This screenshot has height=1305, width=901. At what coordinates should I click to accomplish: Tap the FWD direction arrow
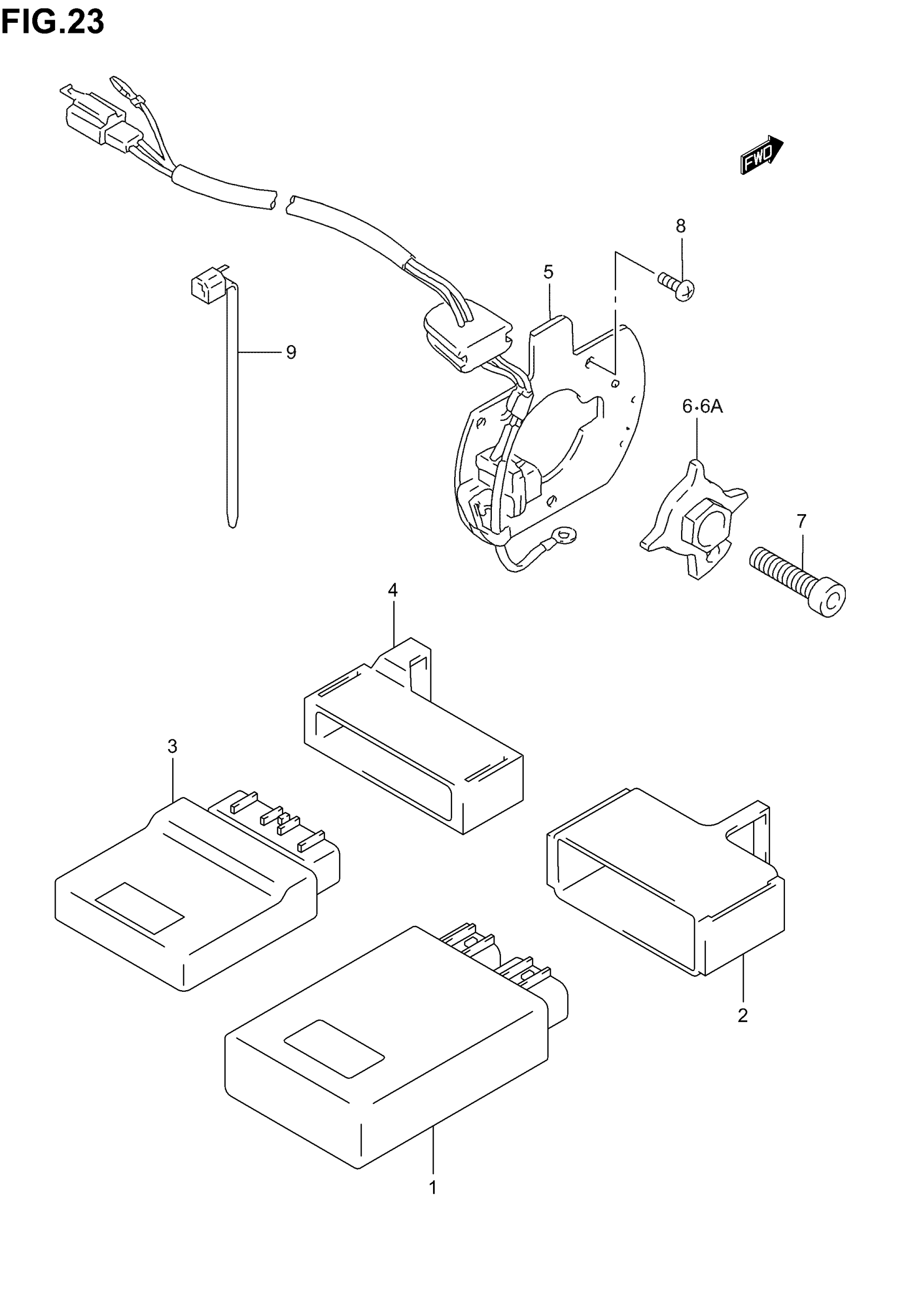tap(761, 155)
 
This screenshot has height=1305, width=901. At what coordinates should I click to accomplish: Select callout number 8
tap(681, 226)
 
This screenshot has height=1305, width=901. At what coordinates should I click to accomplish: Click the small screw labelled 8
tap(677, 286)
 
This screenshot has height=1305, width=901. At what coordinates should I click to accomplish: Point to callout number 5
tap(548, 272)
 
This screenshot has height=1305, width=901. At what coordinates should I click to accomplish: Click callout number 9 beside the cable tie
tap(291, 353)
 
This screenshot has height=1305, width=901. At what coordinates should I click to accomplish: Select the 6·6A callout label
tap(702, 407)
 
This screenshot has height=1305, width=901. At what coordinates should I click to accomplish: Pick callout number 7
tap(802, 521)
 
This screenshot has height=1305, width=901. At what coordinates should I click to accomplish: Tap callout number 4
tap(392, 590)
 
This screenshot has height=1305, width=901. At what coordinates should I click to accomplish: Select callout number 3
tap(172, 746)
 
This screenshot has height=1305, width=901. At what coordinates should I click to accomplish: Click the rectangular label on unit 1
tap(334, 1050)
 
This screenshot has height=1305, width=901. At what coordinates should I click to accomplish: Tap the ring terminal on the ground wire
tap(563, 533)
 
